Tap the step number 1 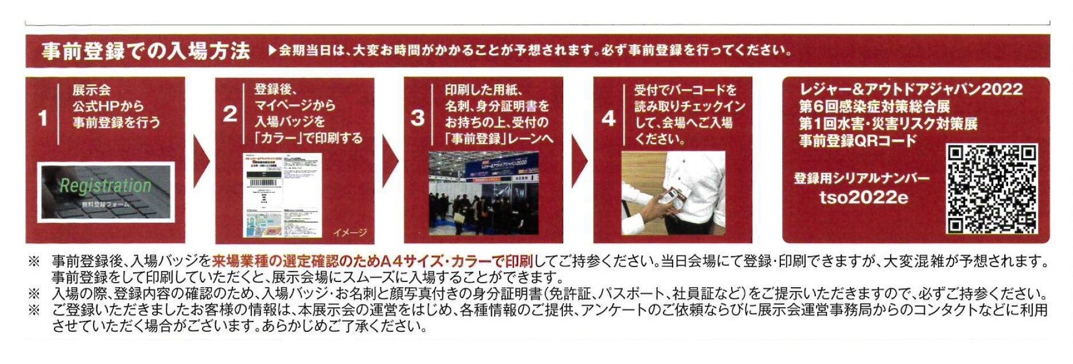tap(42, 118)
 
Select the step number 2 tap(230, 114)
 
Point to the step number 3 tap(418, 118)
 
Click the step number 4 tap(608, 118)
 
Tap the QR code tap(992, 189)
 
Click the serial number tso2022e tap(864, 198)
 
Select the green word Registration tap(105, 186)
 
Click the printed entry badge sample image tap(282, 194)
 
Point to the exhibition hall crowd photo tap(484, 193)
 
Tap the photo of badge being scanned tap(673, 193)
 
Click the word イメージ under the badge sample tap(349, 232)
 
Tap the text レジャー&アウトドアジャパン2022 tap(910, 89)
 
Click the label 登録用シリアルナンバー tap(861, 178)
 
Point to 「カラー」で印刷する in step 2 tap(308, 138)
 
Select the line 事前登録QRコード tap(858, 140)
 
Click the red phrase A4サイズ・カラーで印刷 tap(456, 261)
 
